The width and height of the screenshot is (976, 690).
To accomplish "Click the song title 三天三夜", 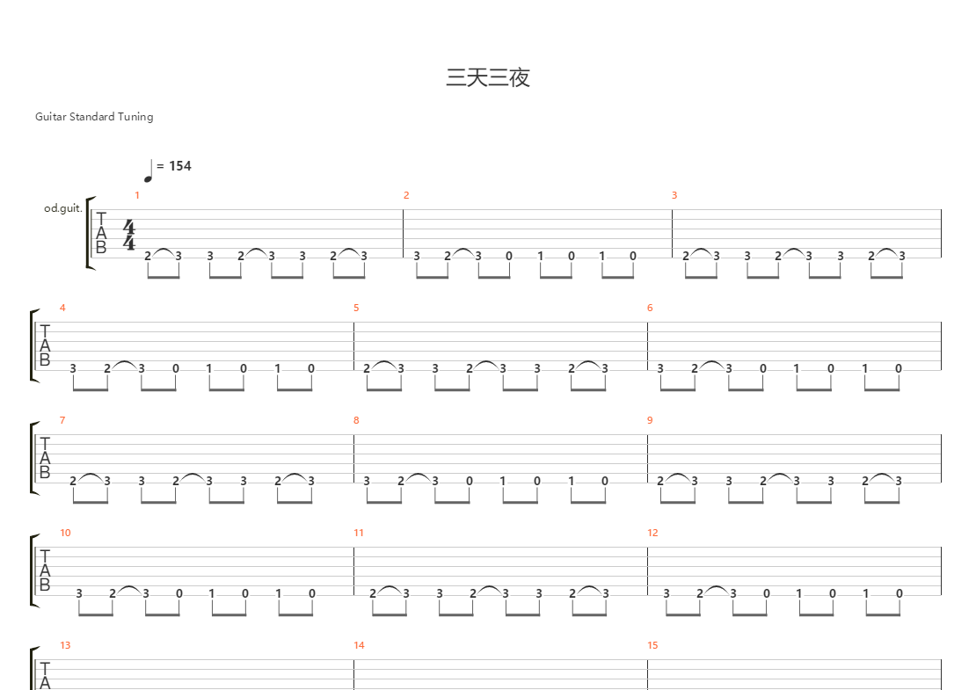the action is coord(488,77).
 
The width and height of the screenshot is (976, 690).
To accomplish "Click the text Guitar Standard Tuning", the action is coord(94,117).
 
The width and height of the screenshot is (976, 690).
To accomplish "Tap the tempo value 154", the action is coord(180,166).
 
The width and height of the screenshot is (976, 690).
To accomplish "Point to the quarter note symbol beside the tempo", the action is coord(148,171).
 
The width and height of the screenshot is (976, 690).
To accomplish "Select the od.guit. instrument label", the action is coord(62,208).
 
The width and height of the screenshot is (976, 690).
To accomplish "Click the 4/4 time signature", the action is coord(129,235).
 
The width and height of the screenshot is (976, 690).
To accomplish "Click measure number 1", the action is coord(137,195).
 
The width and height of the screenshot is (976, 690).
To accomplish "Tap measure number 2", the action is coord(406,195).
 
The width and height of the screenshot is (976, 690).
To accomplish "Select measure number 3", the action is coord(674,195).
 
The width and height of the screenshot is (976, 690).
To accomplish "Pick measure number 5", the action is coord(356,308).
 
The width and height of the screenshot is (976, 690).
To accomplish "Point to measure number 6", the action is coord(650,308).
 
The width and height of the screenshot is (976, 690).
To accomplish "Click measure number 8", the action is coord(356,421).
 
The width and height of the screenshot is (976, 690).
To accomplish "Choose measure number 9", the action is coord(650,421).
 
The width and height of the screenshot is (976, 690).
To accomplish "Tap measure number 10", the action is coord(65,534).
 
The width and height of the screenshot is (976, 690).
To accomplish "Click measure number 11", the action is coord(359,534).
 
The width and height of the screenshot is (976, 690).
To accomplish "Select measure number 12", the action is coord(652,534).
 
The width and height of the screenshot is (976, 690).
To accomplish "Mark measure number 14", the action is coord(359,646).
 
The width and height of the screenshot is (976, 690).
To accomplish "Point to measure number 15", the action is coord(652,646).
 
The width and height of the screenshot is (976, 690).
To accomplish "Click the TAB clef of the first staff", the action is coord(101,233).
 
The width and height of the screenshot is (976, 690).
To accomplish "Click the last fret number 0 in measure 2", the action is coord(633,257).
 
